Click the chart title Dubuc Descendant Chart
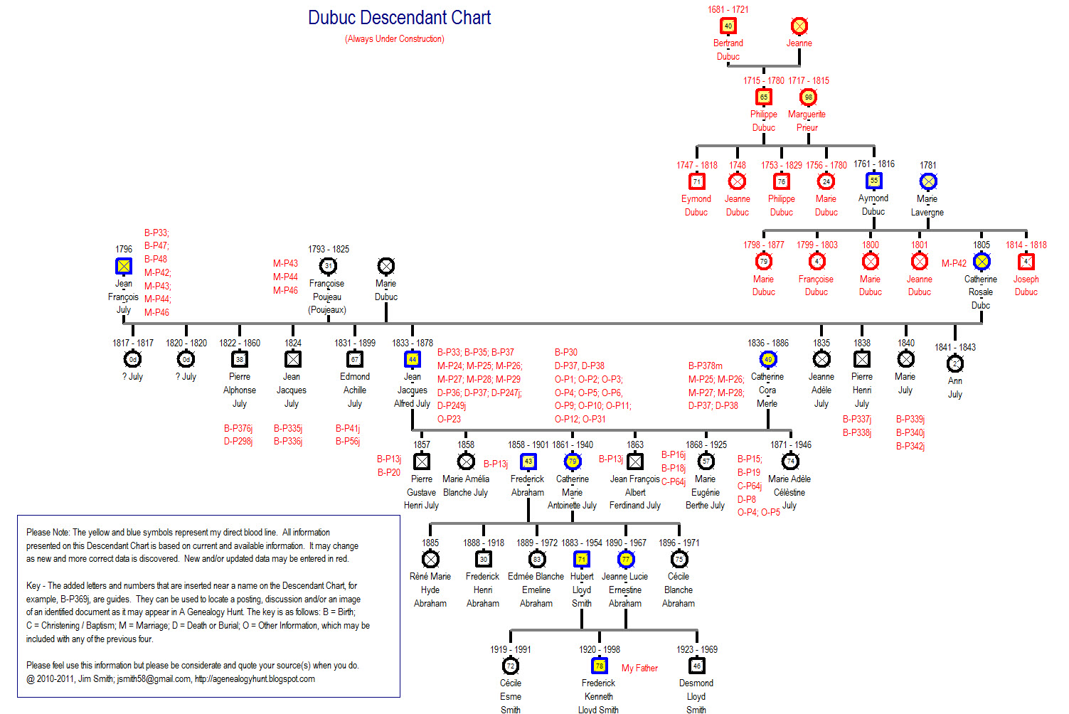click(399, 18)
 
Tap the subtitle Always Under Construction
click(395, 39)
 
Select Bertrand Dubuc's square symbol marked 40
click(728, 26)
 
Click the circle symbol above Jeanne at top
click(799, 26)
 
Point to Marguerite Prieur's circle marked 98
click(808, 97)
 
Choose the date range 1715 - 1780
click(763, 80)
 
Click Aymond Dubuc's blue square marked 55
click(873, 181)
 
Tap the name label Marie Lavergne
click(927, 206)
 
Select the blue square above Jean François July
click(124, 266)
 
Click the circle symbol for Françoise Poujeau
click(328, 266)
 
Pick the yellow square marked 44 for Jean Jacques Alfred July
click(412, 359)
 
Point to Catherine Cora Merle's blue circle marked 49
click(767, 359)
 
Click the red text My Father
click(639, 668)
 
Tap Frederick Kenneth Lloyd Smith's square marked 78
click(600, 666)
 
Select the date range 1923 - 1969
click(697, 649)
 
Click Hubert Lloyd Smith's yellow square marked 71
click(582, 559)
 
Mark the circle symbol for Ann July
click(954, 363)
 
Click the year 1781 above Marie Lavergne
click(927, 165)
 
